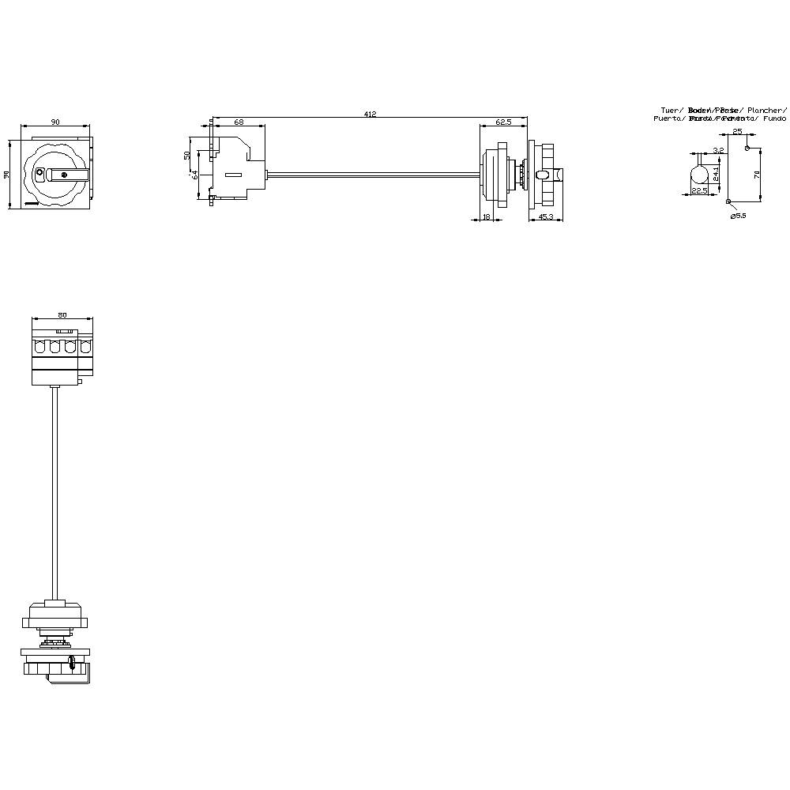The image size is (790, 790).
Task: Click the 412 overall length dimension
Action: pos(370,115)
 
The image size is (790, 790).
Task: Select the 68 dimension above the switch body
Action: pos(238,122)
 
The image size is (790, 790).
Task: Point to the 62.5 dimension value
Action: pos(503,122)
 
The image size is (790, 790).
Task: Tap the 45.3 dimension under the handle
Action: pos(545,216)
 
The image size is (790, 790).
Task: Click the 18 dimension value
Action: pos(486,216)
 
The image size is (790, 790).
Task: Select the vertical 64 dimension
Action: pos(194,173)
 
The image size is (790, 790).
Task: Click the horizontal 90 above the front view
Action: pos(55,122)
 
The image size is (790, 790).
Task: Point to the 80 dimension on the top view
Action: pos(62,314)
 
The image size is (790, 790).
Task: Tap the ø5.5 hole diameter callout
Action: pos(739,216)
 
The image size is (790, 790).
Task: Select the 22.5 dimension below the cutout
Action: pos(699,190)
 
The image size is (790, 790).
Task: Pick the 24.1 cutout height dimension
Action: pos(716,173)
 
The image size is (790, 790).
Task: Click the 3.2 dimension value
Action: pos(717,150)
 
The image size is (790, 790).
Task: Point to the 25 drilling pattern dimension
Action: pos(736,131)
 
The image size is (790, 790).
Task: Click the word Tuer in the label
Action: pos(671,110)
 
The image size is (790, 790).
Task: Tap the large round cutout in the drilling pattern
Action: pos(699,174)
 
